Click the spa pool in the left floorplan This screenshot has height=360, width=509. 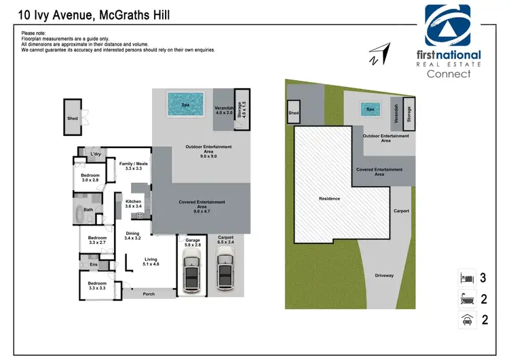[x=185, y=105]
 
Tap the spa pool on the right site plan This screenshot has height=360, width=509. [x=370, y=109]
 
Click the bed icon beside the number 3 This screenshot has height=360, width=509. [x=466, y=278]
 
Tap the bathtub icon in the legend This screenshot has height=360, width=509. [x=466, y=299]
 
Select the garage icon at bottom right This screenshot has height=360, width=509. [x=466, y=320]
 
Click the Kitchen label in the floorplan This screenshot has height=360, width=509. [x=132, y=202]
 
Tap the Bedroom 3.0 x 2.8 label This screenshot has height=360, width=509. [x=90, y=176]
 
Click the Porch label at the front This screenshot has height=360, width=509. [x=148, y=294]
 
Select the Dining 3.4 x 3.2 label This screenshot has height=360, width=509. [x=133, y=232]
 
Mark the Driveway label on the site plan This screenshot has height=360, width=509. [x=385, y=275]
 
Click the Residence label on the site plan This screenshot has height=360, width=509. [x=329, y=198]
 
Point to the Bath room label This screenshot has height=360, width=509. [x=88, y=210]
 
